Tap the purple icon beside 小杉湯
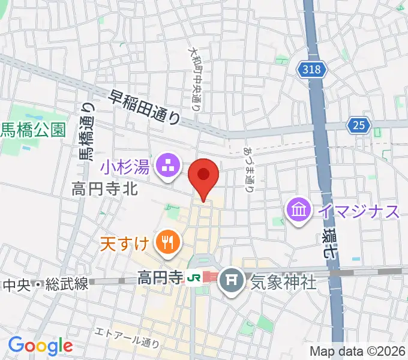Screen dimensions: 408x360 click(x=167, y=166)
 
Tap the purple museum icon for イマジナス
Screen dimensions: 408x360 click(x=298, y=209)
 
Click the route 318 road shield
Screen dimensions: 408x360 click(x=312, y=70)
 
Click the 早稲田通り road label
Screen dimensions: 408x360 click(x=144, y=106)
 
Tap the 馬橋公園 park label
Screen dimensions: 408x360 click(x=32, y=130)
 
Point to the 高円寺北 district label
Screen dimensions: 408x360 click(x=105, y=190)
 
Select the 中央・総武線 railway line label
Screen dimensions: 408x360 click(x=46, y=283)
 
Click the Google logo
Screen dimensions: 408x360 click(x=40, y=345)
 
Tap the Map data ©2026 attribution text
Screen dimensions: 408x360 click(x=357, y=351)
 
